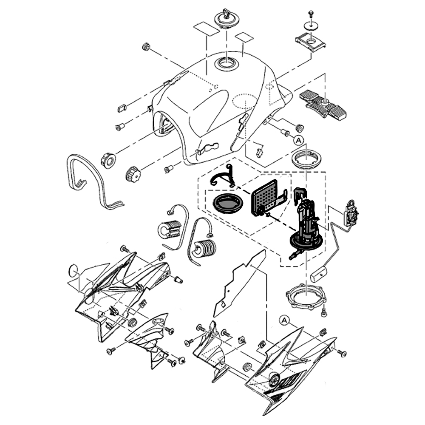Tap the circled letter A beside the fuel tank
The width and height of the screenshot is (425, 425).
coord(298,140)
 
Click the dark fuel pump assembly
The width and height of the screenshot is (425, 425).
coord(306,225)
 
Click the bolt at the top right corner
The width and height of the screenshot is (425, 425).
coord(310,13)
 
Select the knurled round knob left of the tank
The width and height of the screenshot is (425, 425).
coord(133,173)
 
